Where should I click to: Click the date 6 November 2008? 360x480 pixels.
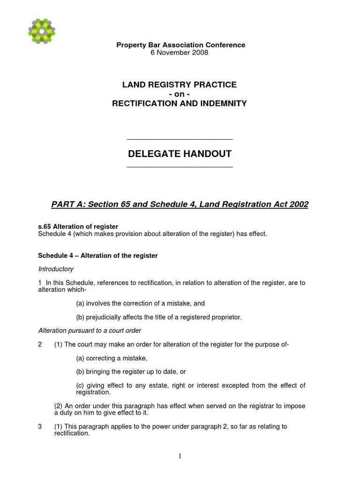(x=180, y=52)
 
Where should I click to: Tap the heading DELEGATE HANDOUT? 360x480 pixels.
(x=180, y=154)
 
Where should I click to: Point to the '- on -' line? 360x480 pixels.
(x=180, y=94)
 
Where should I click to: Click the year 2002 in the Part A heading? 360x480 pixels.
(x=298, y=204)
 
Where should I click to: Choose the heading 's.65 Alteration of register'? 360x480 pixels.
(x=78, y=226)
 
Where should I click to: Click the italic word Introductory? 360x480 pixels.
(x=55, y=269)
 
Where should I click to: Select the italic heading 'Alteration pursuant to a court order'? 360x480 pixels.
(x=89, y=330)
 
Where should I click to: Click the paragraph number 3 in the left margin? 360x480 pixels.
(x=40, y=426)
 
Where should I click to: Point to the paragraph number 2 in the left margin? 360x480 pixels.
(x=40, y=345)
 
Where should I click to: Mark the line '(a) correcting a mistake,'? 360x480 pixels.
(x=112, y=358)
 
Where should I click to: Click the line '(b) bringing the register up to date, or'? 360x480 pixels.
(x=131, y=372)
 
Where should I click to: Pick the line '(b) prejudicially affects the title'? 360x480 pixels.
(x=159, y=317)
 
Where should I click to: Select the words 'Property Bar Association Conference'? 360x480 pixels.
(x=180, y=45)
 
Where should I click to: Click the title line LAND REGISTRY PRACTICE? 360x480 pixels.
(x=180, y=85)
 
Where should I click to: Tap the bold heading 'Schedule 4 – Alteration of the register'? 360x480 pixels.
(x=97, y=255)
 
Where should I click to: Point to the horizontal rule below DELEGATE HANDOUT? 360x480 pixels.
(x=180, y=167)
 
